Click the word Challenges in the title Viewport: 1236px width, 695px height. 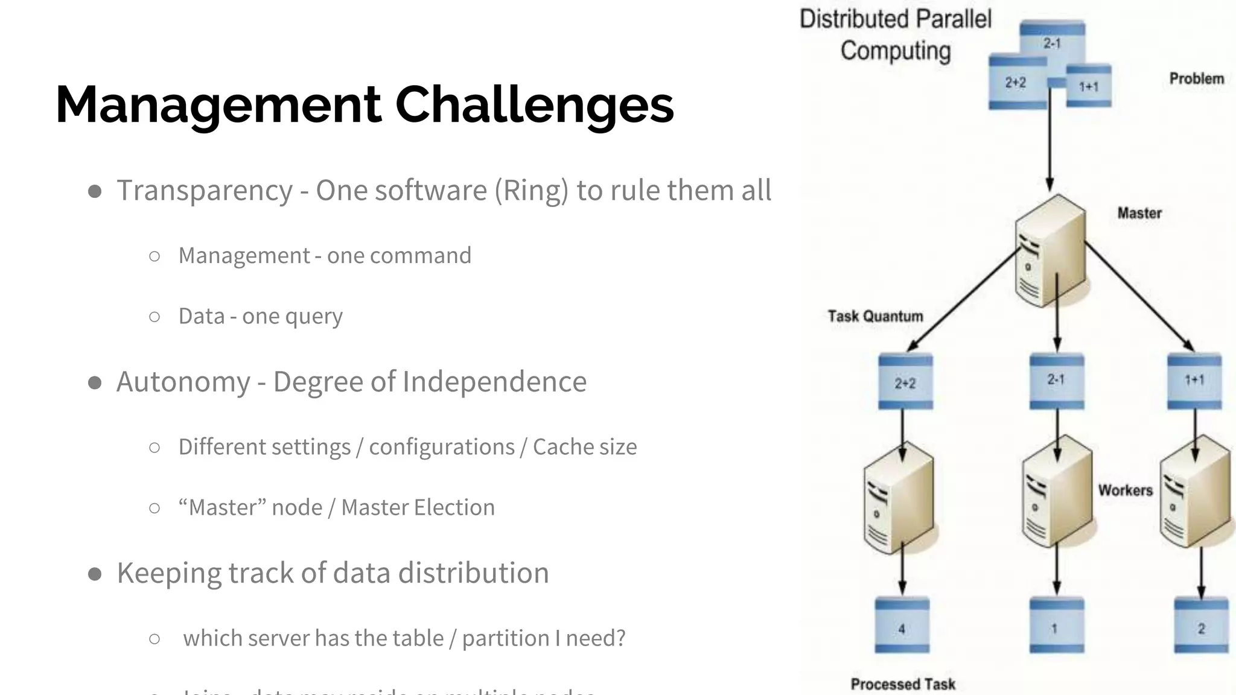tap(534, 104)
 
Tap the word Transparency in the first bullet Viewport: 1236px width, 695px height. tap(204, 191)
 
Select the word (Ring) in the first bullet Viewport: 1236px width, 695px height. tap(531, 191)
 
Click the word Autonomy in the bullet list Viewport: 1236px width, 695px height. tap(183, 382)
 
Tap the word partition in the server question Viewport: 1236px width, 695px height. tap(505, 638)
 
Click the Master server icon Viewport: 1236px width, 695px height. tap(1050, 250)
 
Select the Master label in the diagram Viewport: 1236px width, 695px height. tap(1139, 213)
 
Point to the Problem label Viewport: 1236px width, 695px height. tap(1196, 78)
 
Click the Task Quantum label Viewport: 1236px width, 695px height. tap(875, 316)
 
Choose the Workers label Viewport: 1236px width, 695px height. tap(1125, 490)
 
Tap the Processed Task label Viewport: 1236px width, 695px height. tap(903, 684)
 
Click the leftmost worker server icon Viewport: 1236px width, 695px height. tap(899, 497)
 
